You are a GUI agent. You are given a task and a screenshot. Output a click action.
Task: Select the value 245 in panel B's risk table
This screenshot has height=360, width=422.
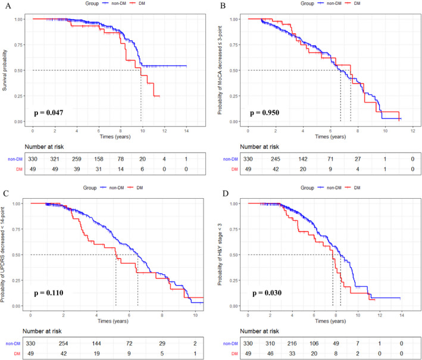click(276, 159)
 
